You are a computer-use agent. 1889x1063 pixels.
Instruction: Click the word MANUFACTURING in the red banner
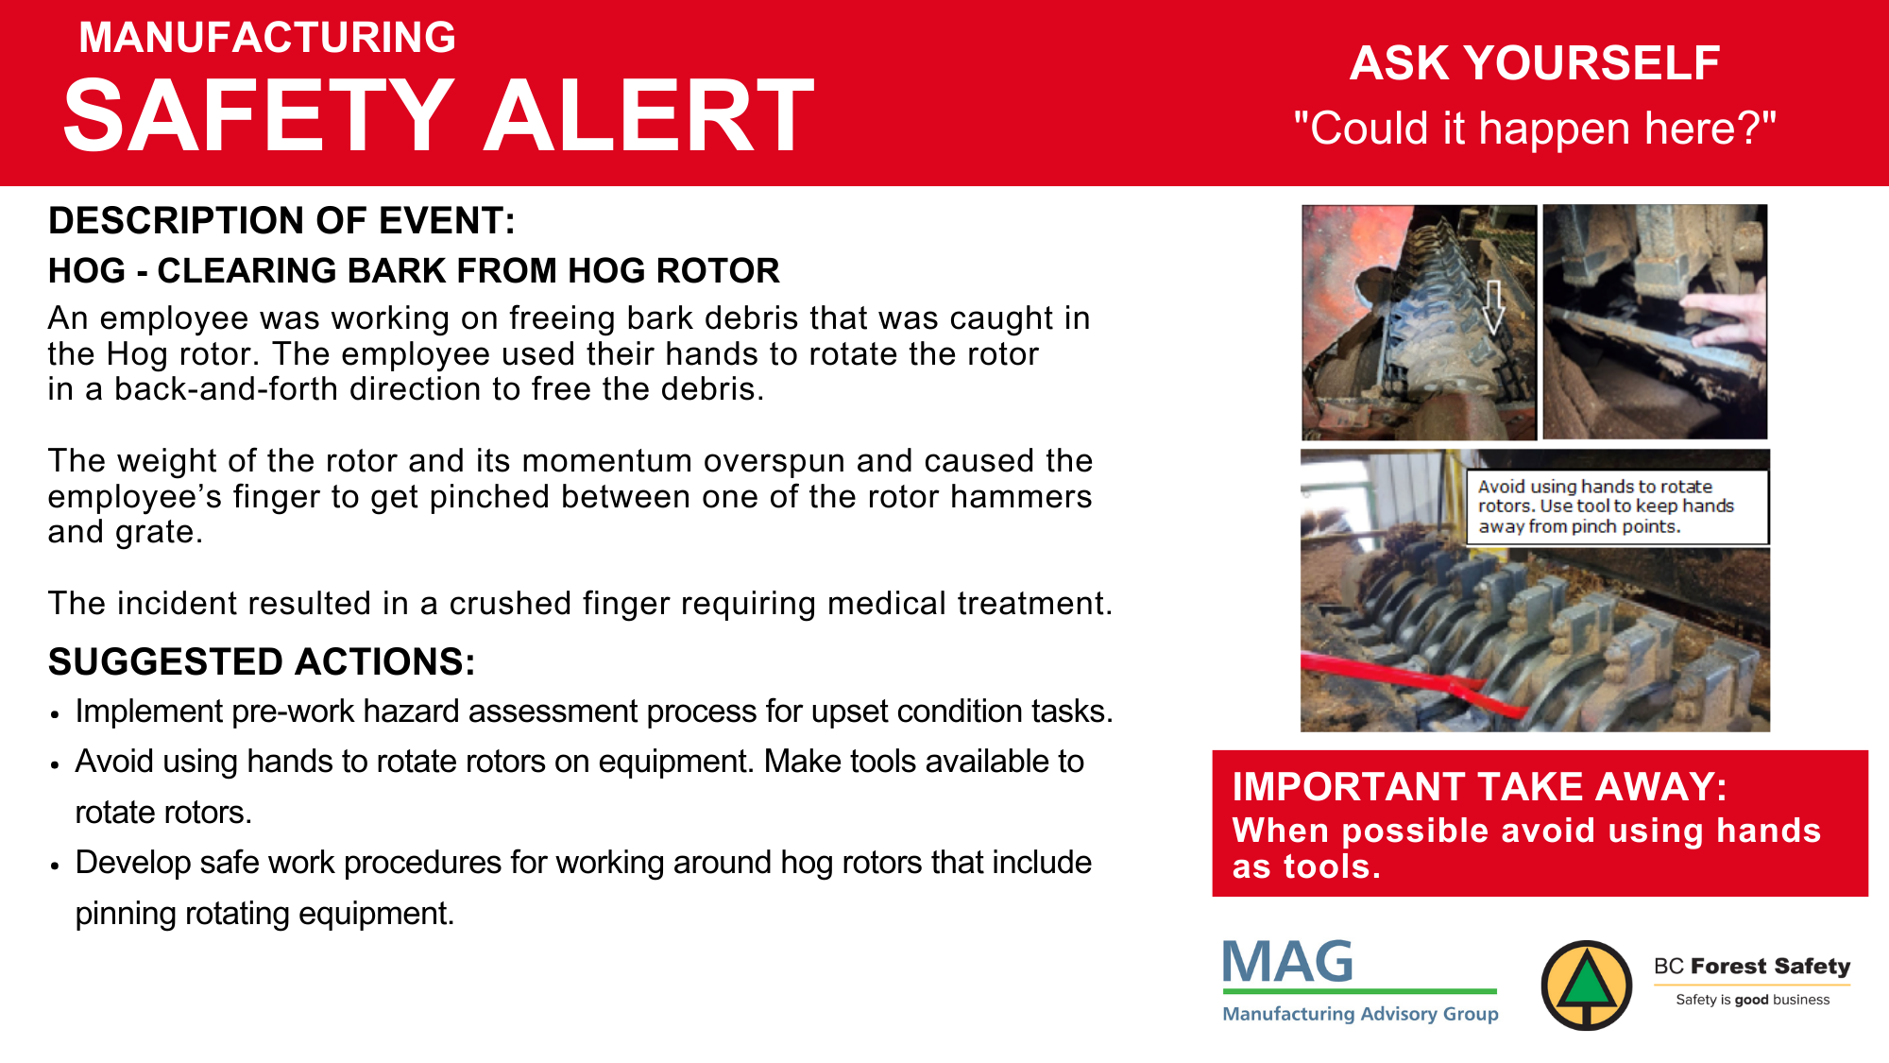pos(267,38)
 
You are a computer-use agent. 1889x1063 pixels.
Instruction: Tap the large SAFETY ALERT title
pos(439,115)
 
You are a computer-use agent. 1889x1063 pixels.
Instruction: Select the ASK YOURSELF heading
pos(1535,63)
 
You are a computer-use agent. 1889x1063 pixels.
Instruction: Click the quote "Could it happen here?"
pos(1535,128)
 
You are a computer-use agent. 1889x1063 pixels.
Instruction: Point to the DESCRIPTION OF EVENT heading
pos(281,221)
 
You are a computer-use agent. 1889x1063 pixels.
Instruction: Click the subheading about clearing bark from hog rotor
pos(414,271)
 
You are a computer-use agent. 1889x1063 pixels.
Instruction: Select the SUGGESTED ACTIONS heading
pos(262,661)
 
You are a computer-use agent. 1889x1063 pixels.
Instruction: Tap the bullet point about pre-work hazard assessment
pos(594,712)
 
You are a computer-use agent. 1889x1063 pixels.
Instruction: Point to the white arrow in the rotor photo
pos(1493,307)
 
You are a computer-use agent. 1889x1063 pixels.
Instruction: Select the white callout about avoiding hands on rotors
pos(1617,507)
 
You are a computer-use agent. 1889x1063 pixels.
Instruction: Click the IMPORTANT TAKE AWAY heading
pos(1479,787)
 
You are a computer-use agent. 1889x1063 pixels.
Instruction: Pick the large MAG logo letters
pos(1288,962)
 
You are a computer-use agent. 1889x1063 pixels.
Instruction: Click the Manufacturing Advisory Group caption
pos(1360,1014)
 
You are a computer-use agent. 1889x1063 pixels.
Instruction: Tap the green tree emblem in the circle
pos(1587,985)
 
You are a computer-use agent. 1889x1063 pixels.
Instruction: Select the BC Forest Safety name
pos(1752,966)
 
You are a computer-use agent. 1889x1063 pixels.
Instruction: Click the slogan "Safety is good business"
pos(1753,1000)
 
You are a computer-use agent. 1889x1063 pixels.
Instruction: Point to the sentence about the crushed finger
pos(581,604)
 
